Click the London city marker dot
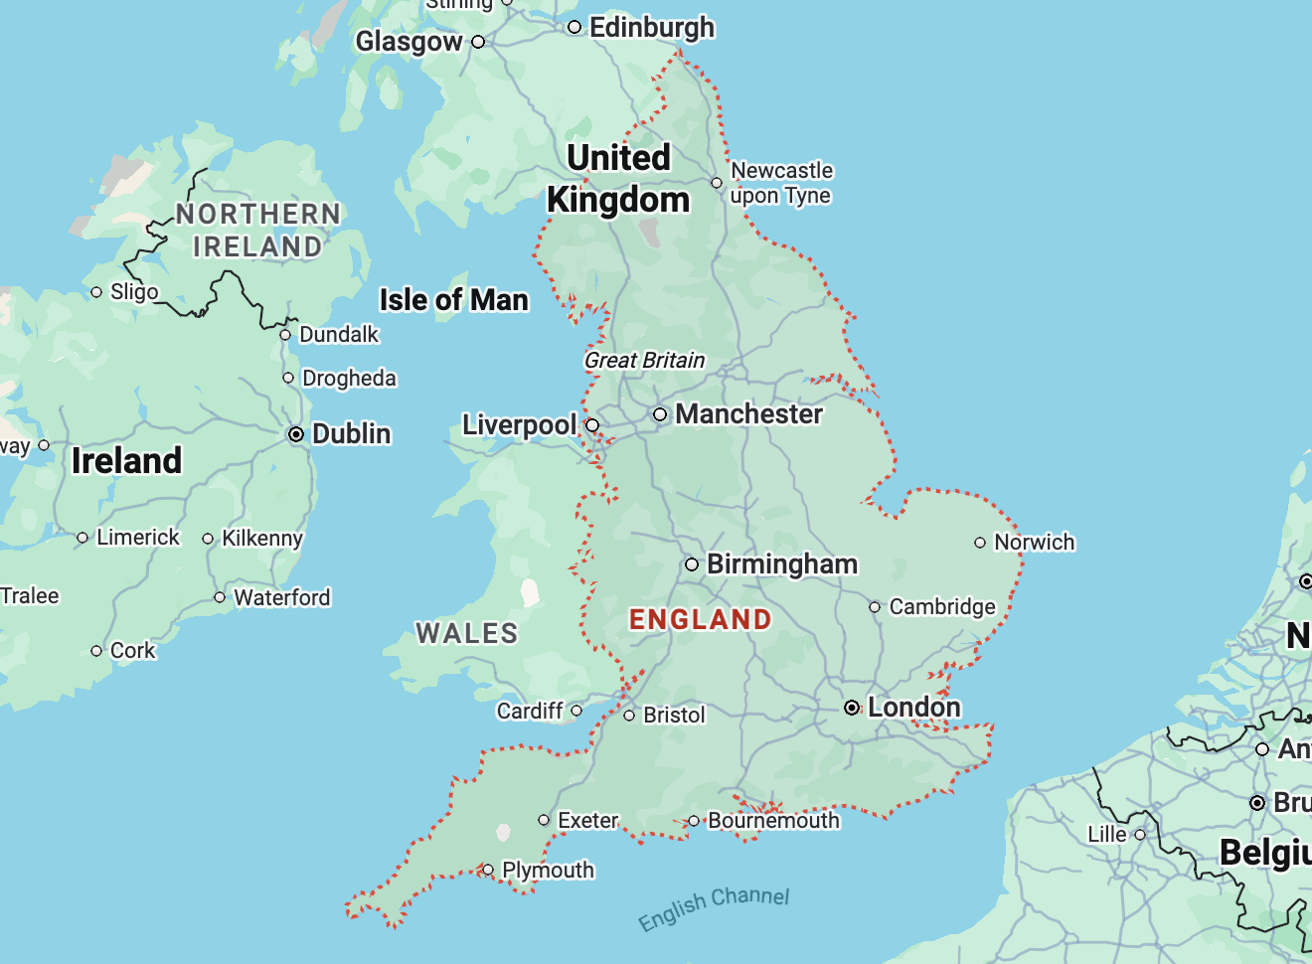[x=852, y=708]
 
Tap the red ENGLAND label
[x=700, y=619]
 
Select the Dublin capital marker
[x=296, y=434]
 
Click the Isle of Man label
[x=453, y=300]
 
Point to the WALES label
[x=466, y=633]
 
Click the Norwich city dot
[x=980, y=543]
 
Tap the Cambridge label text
[x=941, y=606]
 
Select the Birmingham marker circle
[x=692, y=564]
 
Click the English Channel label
[x=714, y=906]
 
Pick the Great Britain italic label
[x=644, y=361]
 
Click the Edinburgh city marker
[x=574, y=28]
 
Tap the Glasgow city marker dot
[x=478, y=42]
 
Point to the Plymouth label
[x=548, y=871]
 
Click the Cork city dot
[x=96, y=651]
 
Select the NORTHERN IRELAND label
[x=257, y=231]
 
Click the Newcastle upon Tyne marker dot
[x=717, y=183]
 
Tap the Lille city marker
[x=1140, y=835]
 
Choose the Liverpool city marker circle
[x=592, y=425]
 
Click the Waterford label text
[x=281, y=597]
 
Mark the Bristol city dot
[x=629, y=716]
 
